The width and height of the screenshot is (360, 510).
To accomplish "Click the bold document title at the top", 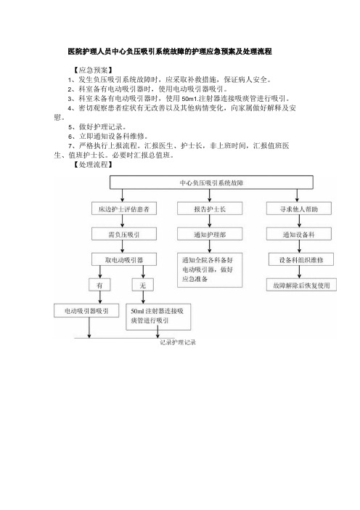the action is (x=170, y=52).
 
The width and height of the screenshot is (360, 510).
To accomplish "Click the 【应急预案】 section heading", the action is (x=93, y=70).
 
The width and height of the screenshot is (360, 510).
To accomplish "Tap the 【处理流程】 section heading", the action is (x=93, y=165).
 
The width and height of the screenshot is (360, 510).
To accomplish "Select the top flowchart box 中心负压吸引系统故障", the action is (x=211, y=182).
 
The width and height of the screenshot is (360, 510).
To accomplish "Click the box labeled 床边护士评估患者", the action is (x=124, y=209).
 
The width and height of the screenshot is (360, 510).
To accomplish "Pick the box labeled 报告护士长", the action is (x=210, y=209).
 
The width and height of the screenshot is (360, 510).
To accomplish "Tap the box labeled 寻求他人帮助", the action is (x=299, y=209).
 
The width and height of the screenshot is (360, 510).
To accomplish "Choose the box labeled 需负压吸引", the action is (x=124, y=234).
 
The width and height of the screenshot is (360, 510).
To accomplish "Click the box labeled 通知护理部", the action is (x=210, y=234).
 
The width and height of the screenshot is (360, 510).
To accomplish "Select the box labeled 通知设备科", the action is (x=299, y=234).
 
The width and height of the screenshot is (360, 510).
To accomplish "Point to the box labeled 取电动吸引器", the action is (x=124, y=259).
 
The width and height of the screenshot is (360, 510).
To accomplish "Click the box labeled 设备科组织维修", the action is (x=301, y=259).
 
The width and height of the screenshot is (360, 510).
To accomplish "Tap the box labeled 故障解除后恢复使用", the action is (x=301, y=285).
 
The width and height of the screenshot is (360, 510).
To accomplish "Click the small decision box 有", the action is (x=99, y=285).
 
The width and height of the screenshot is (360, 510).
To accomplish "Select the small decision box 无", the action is (x=143, y=285).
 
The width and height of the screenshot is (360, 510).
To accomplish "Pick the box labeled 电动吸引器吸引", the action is (x=86, y=311).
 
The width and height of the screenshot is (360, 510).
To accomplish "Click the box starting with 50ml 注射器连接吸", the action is (x=158, y=317).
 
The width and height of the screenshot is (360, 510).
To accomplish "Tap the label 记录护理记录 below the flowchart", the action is (x=178, y=342).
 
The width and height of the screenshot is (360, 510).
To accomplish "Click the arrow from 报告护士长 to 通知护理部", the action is (x=210, y=221).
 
